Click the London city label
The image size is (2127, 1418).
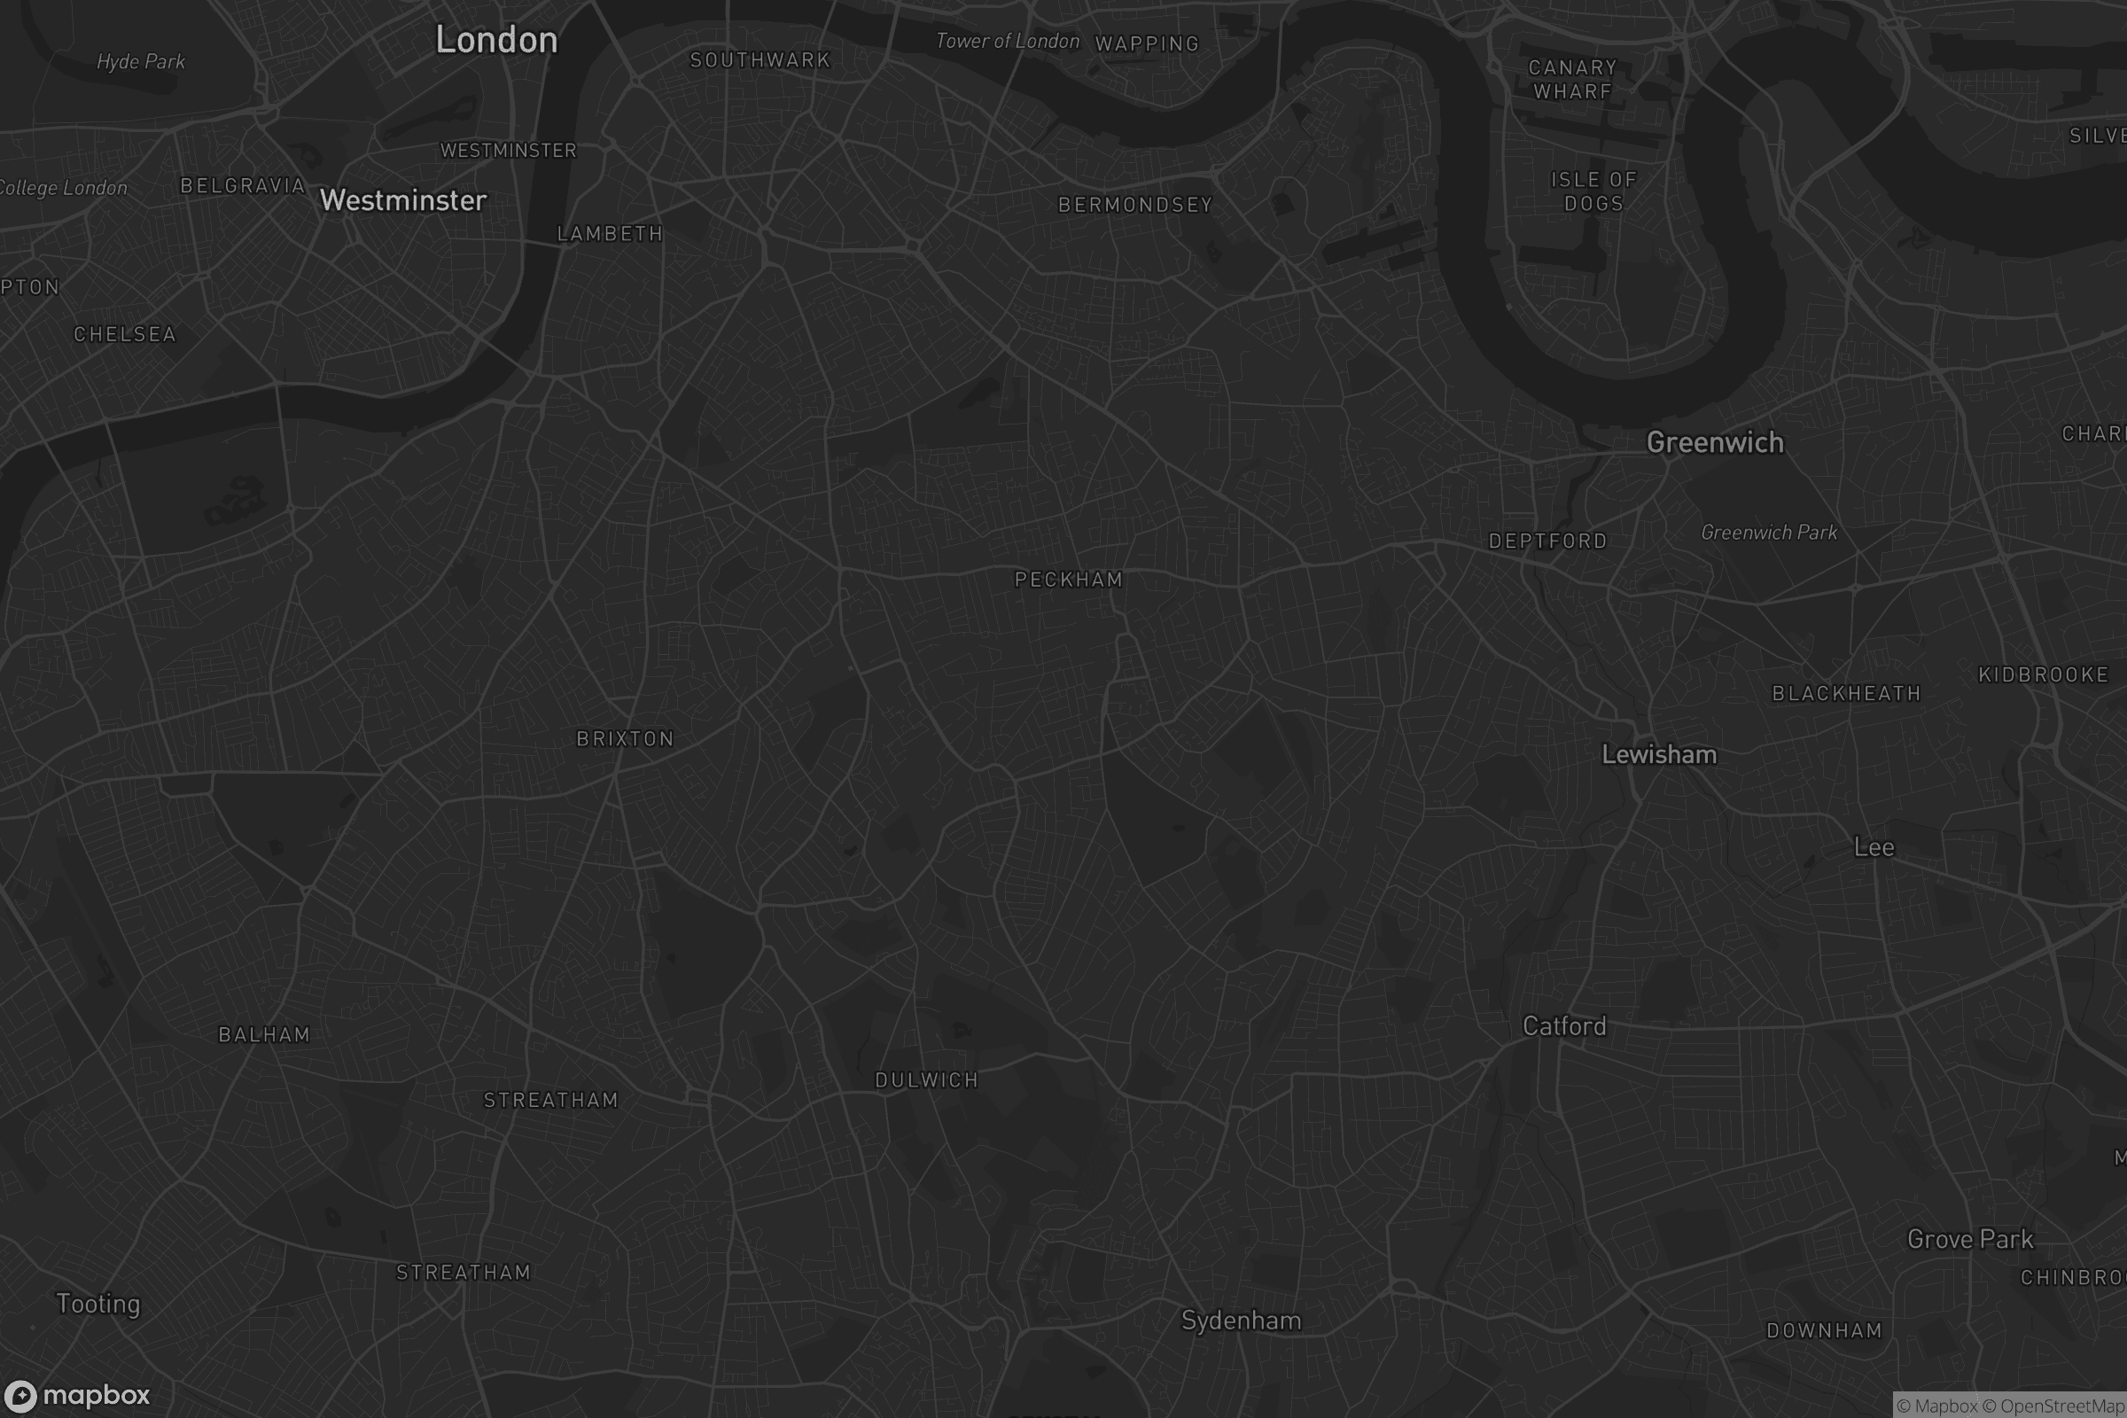[496, 40]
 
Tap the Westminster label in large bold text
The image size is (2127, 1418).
[403, 200]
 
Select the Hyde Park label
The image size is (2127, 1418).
[140, 61]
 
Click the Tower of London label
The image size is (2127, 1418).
[1007, 41]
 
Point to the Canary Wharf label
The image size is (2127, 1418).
[1572, 80]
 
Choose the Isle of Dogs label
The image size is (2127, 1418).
[1593, 191]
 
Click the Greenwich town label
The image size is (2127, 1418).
[1715, 442]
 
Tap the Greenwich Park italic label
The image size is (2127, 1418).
[1768, 533]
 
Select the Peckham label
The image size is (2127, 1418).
[1068, 580]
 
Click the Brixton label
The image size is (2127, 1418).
[625, 739]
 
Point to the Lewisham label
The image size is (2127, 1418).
[1658, 754]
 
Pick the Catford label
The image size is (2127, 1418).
[1563, 1025]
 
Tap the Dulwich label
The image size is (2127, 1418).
[926, 1079]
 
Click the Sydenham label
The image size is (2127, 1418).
[1241, 1321]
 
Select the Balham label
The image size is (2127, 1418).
[264, 1034]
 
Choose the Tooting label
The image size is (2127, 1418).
[97, 1303]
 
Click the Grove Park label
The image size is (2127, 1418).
[1969, 1239]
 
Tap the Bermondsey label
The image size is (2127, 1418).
[1135, 206]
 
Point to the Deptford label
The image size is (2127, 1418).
[1547, 541]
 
